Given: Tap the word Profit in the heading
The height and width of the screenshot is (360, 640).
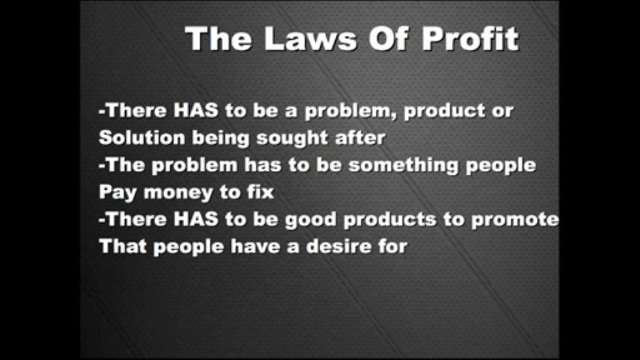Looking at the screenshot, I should pyautogui.click(x=470, y=38).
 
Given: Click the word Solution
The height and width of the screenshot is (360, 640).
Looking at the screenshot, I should pyautogui.click(x=142, y=138).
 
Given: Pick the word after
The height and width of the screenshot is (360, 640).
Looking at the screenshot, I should pyautogui.click(x=360, y=138).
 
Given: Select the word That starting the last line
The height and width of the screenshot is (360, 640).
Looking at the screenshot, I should pyautogui.click(x=122, y=246).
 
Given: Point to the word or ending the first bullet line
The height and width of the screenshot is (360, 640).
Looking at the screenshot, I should pyautogui.click(x=502, y=111).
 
